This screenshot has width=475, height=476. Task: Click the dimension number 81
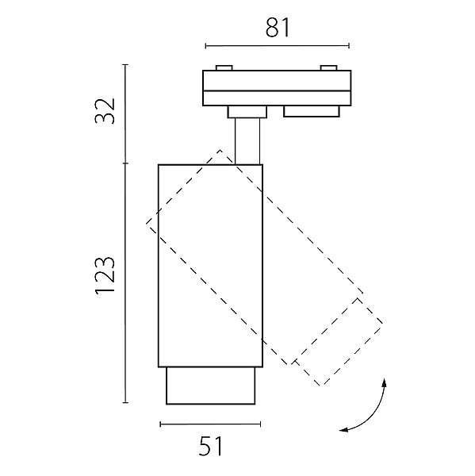[278, 28]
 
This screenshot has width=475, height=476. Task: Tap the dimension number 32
[105, 111]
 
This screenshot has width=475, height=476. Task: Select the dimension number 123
[105, 276]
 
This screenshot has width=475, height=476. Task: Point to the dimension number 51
[211, 446]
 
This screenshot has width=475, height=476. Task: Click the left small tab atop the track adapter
[224, 68]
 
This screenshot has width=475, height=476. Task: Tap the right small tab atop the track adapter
[329, 68]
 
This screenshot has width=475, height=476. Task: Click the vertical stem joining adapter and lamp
[247, 141]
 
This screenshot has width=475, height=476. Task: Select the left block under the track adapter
[247, 112]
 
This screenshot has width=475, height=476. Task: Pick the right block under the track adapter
[312, 111]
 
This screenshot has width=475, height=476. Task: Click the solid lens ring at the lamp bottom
[211, 386]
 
